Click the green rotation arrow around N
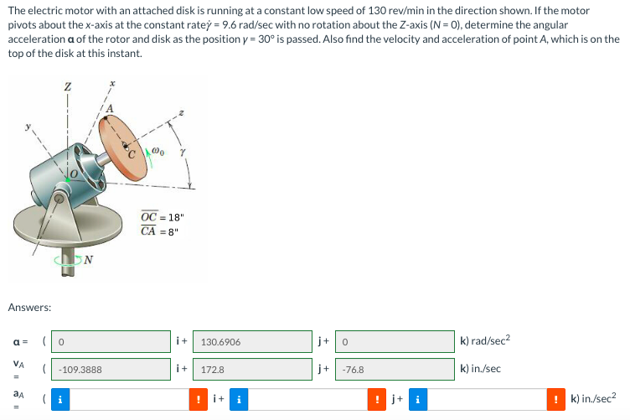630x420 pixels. [x=81, y=259]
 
